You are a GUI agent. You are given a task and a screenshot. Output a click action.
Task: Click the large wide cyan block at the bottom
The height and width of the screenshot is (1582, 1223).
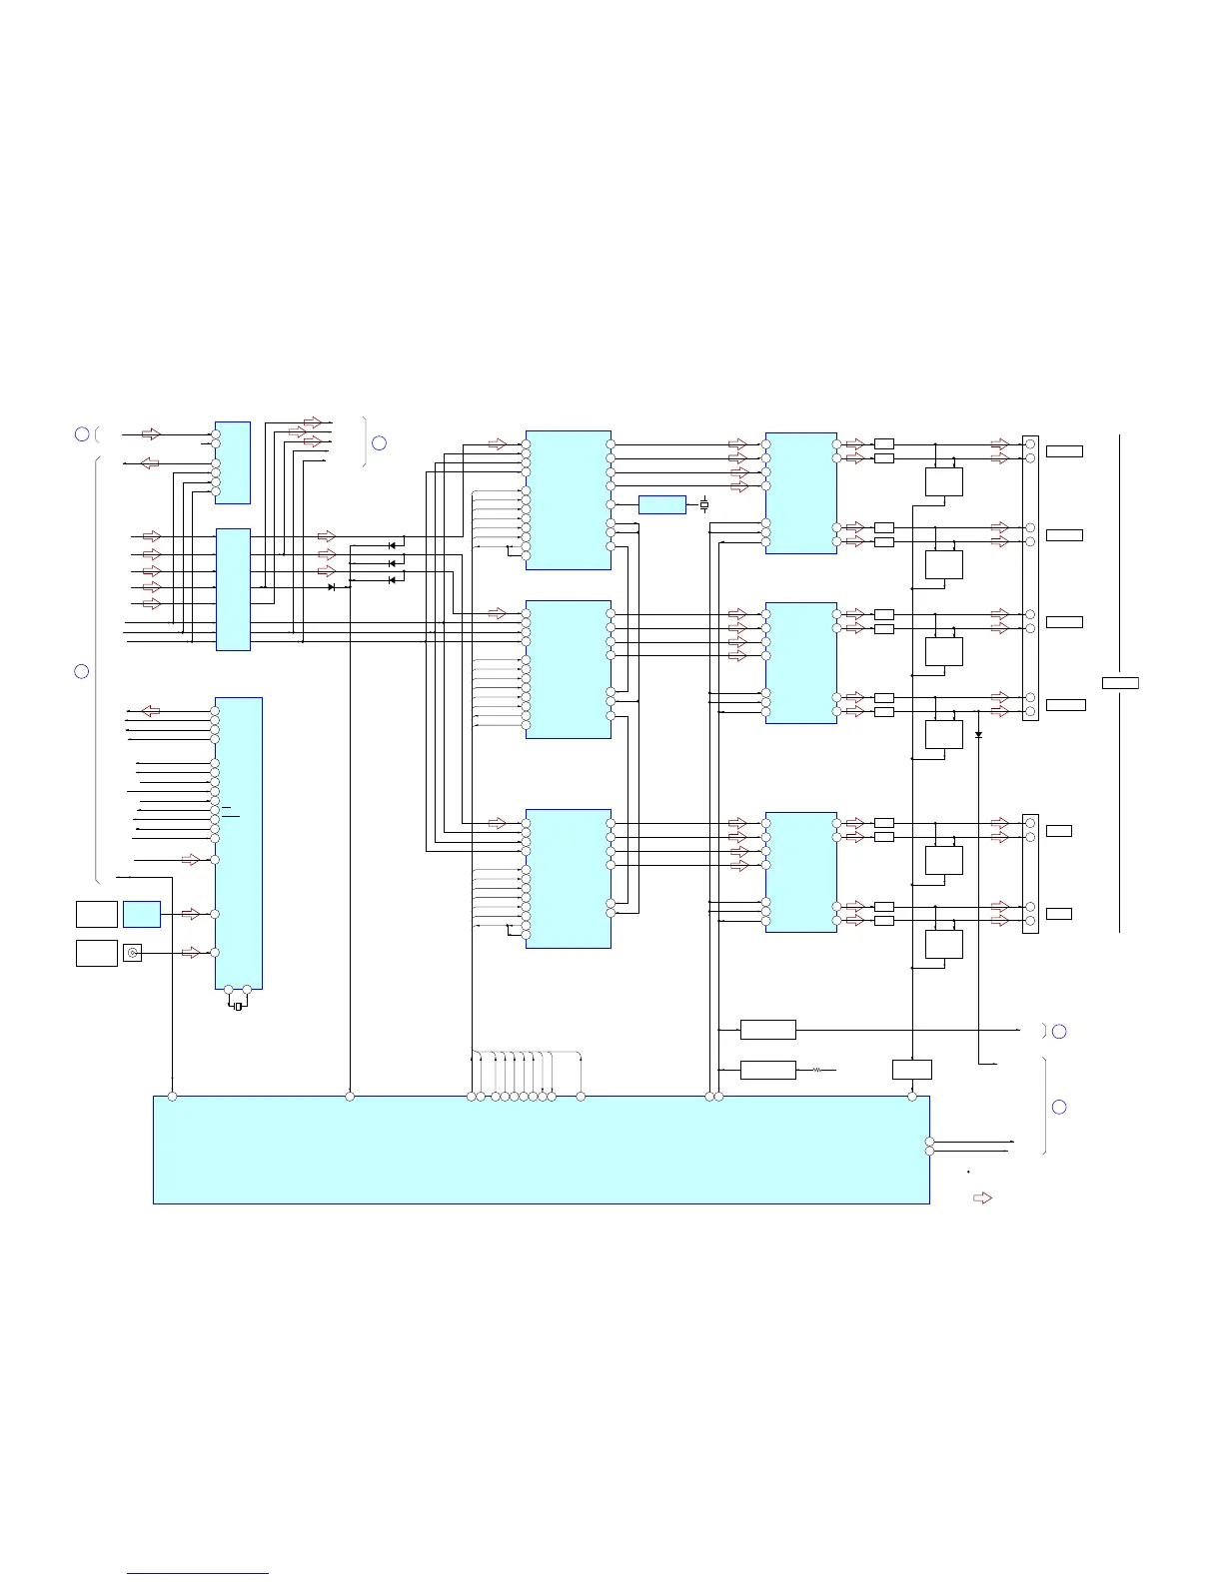(541, 1150)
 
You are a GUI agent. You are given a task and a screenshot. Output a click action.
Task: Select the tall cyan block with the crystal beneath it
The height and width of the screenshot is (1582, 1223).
(238, 843)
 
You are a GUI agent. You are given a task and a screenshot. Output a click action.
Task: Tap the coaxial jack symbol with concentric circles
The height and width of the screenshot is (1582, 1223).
(132, 953)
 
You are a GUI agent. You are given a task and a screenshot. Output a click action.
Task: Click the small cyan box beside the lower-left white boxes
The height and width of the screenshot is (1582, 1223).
(142, 914)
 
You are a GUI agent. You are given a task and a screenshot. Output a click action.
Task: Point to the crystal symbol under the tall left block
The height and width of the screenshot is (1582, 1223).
(238, 1006)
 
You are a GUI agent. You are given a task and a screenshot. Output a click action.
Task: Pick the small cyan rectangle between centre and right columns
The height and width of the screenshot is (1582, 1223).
(661, 504)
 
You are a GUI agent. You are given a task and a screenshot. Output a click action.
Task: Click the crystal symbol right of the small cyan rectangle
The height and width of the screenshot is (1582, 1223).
(704, 505)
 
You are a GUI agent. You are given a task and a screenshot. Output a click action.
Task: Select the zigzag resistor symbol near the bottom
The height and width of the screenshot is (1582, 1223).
(817, 1070)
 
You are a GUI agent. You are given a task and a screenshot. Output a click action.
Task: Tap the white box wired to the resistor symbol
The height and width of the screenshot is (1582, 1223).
(767, 1070)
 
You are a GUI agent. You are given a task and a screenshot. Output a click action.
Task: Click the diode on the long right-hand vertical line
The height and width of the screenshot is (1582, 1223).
(978, 735)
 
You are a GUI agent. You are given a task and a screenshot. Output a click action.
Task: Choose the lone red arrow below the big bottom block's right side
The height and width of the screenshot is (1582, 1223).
(983, 1197)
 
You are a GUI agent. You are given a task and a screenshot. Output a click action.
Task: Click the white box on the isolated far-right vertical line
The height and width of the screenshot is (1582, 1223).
(1120, 683)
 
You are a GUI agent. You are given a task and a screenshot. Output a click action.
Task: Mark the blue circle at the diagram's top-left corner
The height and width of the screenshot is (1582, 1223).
(82, 433)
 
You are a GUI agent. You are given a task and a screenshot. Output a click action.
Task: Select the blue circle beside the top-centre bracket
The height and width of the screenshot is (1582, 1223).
(379, 442)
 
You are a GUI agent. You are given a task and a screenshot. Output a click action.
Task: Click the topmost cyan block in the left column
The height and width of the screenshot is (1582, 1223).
(232, 462)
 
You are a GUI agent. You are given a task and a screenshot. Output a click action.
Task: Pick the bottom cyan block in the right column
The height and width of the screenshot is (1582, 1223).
(800, 872)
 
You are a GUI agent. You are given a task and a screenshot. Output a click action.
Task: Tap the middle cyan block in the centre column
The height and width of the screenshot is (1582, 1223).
(568, 669)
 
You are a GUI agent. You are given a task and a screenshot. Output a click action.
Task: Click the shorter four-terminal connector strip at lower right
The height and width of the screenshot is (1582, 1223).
(1030, 873)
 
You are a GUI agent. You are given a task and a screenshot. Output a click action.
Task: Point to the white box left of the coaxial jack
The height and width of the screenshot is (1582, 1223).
(97, 953)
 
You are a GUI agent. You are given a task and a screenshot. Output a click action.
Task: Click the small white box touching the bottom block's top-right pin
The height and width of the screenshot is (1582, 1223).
(911, 1070)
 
